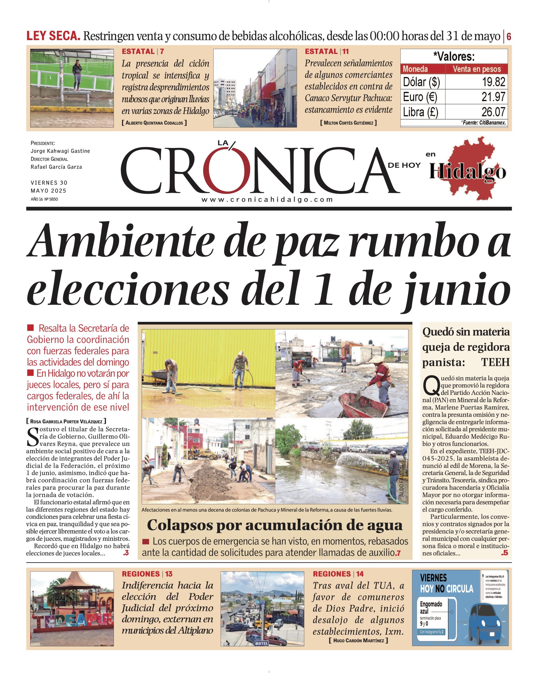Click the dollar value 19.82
point(493,82)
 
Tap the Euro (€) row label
point(420,97)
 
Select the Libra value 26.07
point(493,112)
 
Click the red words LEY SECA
point(53,36)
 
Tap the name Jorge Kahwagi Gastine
point(60,151)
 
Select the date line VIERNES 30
point(49,183)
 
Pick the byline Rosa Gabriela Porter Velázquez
point(66,421)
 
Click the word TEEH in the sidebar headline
point(495,363)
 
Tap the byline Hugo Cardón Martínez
point(358,641)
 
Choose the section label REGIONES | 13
point(147,574)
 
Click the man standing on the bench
point(77,76)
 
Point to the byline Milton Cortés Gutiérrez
point(348,123)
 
